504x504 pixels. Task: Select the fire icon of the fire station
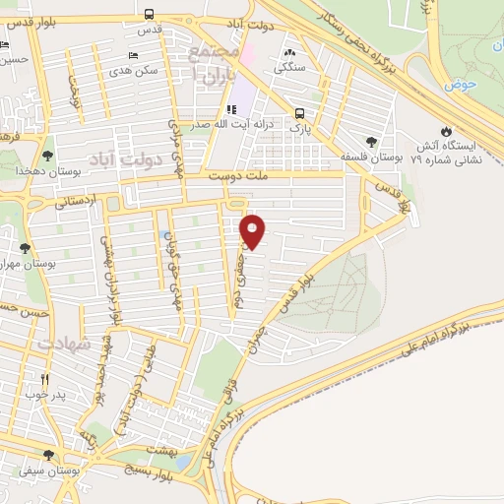pos(447,130)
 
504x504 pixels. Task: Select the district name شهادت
pos(64,346)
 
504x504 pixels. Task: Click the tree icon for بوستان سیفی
pos(48,455)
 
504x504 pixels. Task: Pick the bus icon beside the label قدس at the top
pos(149,15)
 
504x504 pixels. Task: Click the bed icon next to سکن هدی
pos(133,57)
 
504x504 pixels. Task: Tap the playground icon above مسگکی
pos(289,53)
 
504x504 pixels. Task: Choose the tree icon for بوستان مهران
pos(25,247)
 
